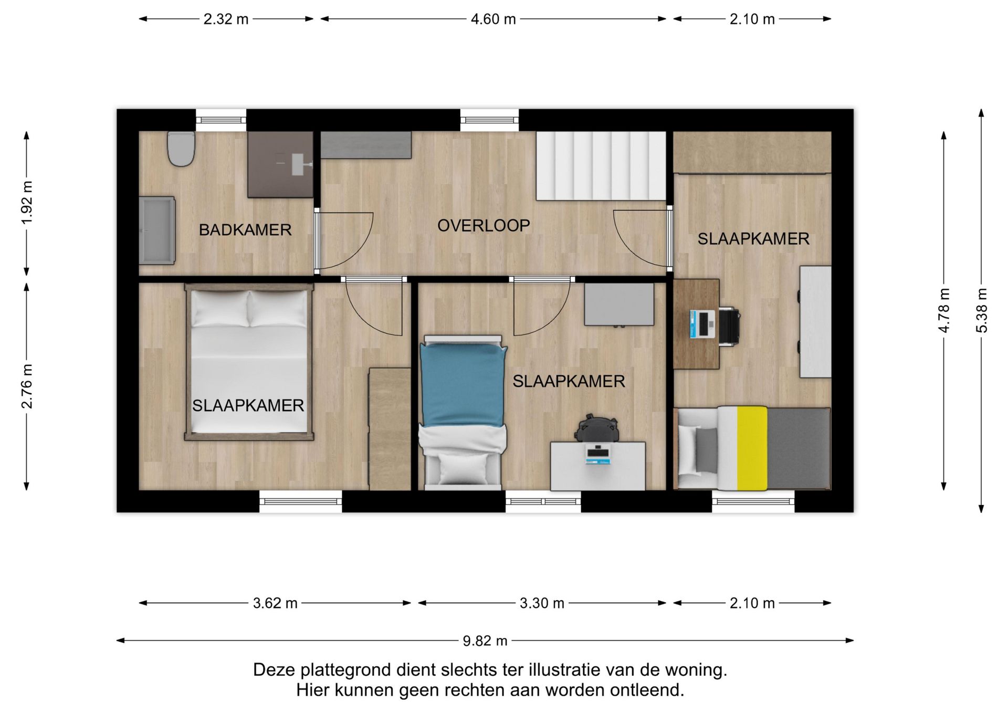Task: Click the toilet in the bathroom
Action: [x=181, y=149]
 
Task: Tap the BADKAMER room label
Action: [x=245, y=230]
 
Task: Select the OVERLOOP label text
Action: [x=484, y=226]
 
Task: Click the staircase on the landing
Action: [x=601, y=165]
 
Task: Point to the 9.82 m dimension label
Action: [x=485, y=641]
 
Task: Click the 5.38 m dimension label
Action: [x=982, y=310]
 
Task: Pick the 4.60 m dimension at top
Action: [x=493, y=19]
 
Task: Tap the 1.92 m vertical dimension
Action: [x=27, y=202]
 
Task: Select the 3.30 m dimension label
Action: [x=542, y=603]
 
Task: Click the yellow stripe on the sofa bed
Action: [x=752, y=448]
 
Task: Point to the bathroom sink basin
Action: [x=301, y=164]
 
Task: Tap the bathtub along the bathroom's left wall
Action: [x=156, y=230]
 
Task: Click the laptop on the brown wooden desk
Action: [x=702, y=324]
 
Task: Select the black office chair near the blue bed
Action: [x=597, y=428]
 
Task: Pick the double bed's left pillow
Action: [x=220, y=309]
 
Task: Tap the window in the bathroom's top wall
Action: [x=221, y=120]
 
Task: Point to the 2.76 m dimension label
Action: [x=27, y=386]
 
